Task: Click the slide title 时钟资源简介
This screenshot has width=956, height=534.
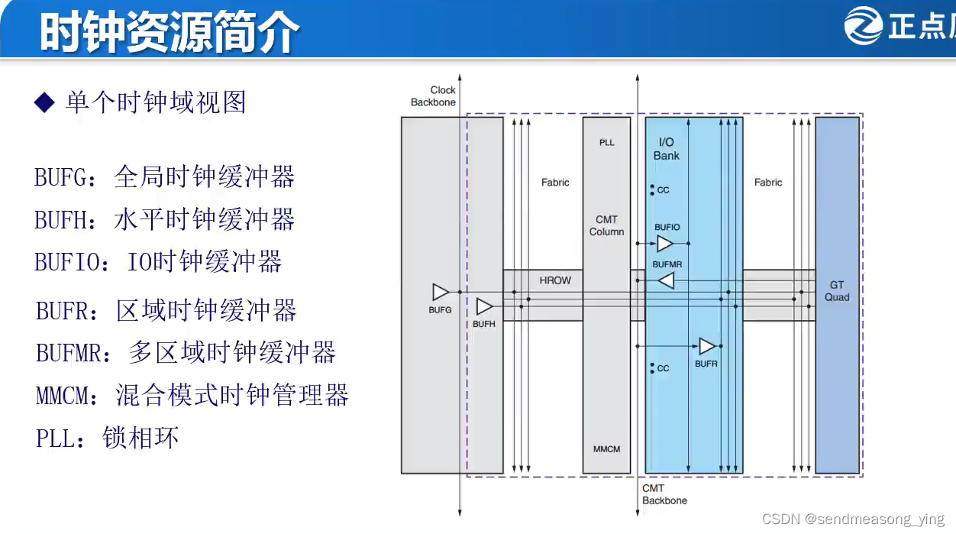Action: point(170,31)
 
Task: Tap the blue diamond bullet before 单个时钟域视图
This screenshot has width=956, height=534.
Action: point(46,102)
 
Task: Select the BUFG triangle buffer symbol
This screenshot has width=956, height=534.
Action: point(441,292)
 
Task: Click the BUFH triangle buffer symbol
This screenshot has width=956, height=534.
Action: point(484,306)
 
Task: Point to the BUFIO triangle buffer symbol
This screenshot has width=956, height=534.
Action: point(665,244)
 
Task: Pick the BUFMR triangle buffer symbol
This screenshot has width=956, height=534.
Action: point(666,281)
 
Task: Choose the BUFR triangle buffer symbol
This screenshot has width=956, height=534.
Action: point(707,346)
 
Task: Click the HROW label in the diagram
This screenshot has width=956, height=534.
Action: point(555,280)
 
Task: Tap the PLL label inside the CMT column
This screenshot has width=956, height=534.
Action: point(606,143)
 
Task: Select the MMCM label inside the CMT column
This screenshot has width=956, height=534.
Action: point(606,449)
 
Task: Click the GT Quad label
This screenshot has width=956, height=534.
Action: point(837,291)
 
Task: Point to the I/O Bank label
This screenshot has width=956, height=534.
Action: point(666,149)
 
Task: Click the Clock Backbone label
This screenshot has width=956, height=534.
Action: point(434,96)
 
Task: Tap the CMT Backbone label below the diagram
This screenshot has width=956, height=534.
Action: point(664,494)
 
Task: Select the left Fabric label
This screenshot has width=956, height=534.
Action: point(555,183)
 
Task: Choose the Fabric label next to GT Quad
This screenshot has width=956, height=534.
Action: point(768,183)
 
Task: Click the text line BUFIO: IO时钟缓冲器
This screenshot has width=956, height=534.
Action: point(158,262)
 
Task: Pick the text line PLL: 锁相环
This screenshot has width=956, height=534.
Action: point(107,438)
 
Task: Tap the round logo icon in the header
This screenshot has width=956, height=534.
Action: point(863,26)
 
